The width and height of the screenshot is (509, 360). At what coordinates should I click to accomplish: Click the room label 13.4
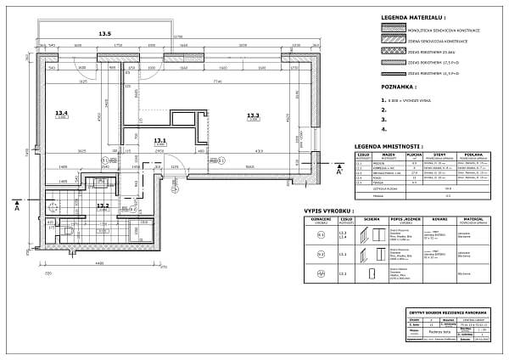tap(61, 112)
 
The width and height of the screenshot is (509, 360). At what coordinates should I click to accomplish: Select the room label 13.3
tap(253, 115)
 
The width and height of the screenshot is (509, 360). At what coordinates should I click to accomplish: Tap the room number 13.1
tap(159, 141)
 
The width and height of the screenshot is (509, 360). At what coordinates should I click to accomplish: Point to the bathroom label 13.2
tap(103, 205)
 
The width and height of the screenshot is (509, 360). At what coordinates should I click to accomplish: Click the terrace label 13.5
tap(104, 34)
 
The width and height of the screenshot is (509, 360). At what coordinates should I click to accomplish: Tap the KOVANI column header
tap(428, 219)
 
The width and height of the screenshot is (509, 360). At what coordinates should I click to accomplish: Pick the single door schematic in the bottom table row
tap(370, 273)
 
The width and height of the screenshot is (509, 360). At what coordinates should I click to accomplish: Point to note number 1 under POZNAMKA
tap(384, 100)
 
